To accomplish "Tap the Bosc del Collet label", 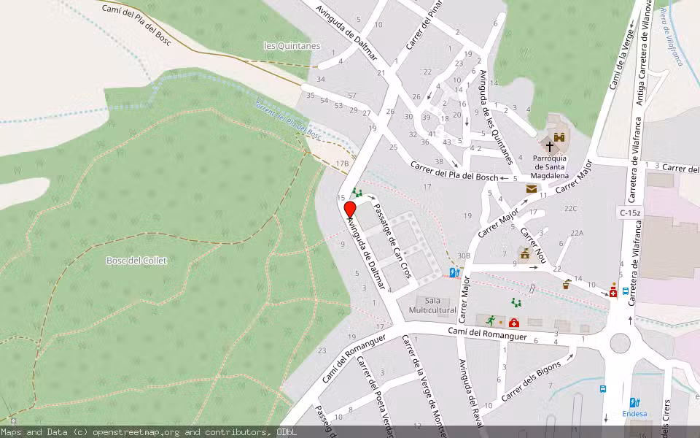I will point(136,261).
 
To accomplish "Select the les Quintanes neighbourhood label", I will point(292,46).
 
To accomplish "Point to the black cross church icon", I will point(550,146).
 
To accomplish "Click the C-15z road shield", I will point(630,212).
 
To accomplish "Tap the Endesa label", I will point(634,413).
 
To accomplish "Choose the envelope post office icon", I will point(532,188).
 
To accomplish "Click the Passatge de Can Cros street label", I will point(392,240).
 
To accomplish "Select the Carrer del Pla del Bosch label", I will point(454,172).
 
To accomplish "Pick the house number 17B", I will point(342,164).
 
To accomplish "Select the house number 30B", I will point(463,255).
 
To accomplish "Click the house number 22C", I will point(570,209).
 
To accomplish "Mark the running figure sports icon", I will point(491,320).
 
